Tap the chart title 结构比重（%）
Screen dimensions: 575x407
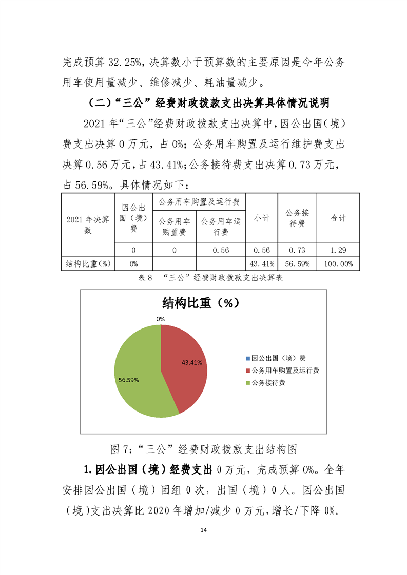point(201,302)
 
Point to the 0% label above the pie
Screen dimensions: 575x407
point(161,319)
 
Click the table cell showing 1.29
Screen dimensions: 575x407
point(338,250)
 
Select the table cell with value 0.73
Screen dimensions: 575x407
point(297,250)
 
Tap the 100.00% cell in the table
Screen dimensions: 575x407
point(338,263)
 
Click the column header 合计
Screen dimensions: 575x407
point(338,218)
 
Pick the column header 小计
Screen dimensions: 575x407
point(262,218)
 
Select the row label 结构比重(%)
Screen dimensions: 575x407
point(88,263)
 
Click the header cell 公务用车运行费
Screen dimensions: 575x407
point(221,227)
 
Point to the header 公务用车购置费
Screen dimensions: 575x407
point(174,227)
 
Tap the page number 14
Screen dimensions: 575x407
point(204,529)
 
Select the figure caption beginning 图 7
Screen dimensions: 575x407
point(204,449)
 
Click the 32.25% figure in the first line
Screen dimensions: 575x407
point(125,63)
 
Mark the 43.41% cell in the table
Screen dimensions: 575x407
point(262,263)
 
